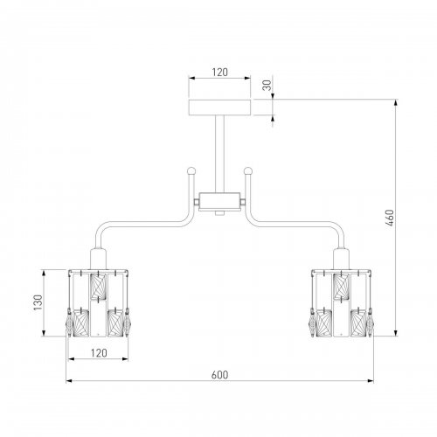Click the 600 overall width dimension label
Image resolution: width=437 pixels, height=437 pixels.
click(x=219, y=375)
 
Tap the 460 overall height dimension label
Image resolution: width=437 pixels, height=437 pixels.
click(x=389, y=218)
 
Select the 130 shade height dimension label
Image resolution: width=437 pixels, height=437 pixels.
click(x=38, y=302)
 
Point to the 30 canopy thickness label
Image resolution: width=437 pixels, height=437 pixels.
click(x=267, y=85)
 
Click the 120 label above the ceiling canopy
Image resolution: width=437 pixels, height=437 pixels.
click(x=219, y=73)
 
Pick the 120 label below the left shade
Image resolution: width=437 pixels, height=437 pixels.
click(x=99, y=353)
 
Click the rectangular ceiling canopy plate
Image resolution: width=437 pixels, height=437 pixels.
click(x=219, y=108)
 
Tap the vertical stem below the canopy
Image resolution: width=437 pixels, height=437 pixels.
click(x=219, y=154)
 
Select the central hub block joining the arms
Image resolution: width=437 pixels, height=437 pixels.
click(x=219, y=201)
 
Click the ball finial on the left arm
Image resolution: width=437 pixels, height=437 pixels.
click(x=191, y=170)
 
